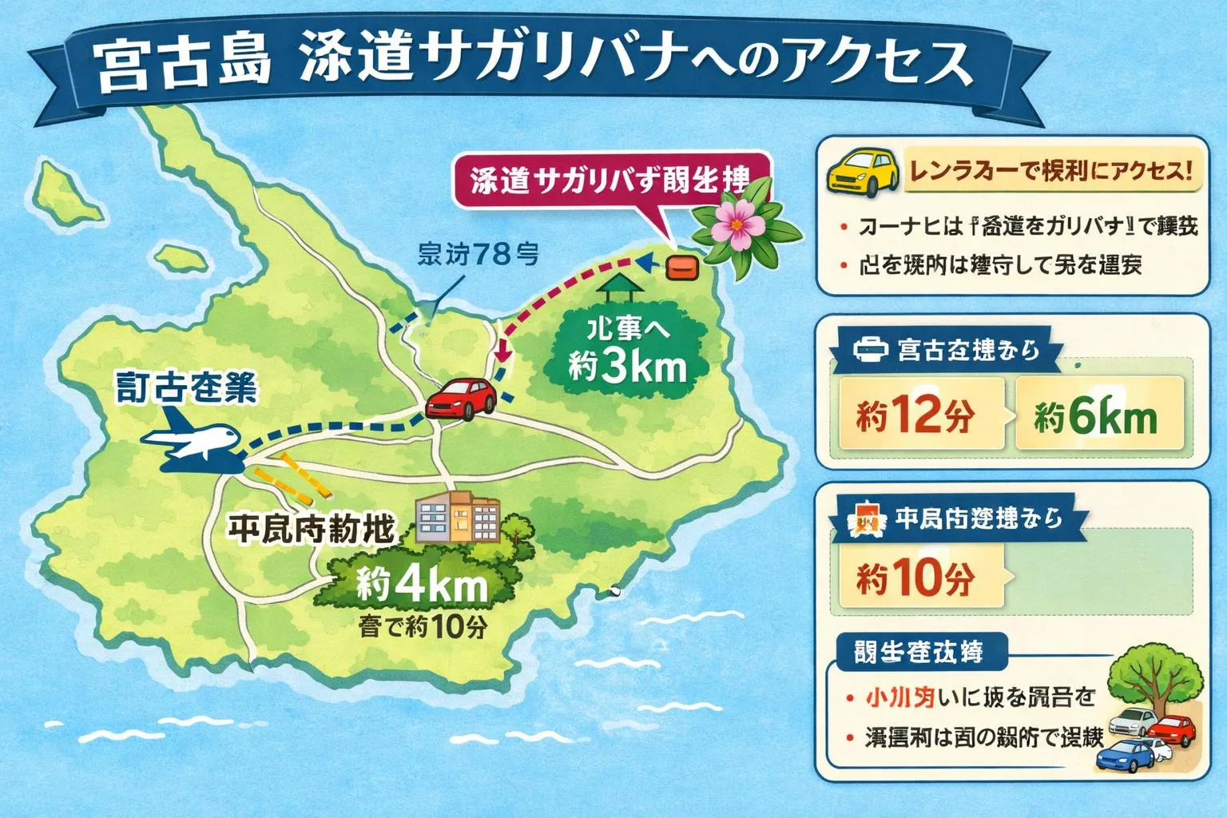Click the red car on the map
click(x=462, y=397)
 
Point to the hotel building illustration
click(x=459, y=516)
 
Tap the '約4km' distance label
click(x=422, y=586)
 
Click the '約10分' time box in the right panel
click(x=915, y=577)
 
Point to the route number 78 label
click(x=478, y=254)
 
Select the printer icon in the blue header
click(x=871, y=349)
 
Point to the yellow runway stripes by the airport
click(x=288, y=475)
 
